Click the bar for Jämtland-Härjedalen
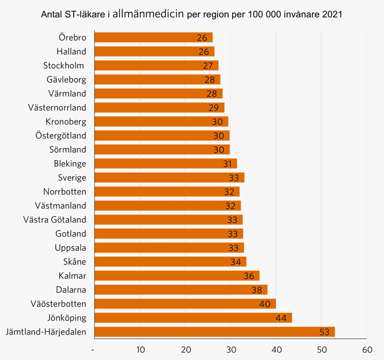coord(215,332)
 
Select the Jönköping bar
coord(194,318)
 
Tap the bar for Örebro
coord(153,38)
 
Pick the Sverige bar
coord(170,177)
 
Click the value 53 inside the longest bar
coord(325,332)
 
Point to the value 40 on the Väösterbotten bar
coord(265,304)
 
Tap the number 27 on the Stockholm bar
coord(208,66)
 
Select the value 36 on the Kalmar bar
coord(249,276)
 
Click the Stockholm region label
coord(63,66)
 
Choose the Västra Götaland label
coord(55,219)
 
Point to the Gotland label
coord(71,234)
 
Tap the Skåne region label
coord(75,261)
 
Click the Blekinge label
coord(70,163)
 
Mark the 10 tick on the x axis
coord(141,350)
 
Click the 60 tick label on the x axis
coord(367,350)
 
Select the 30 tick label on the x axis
coord(231,350)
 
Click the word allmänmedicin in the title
coord(148,14)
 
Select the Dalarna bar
coord(181,290)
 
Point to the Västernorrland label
coord(57,108)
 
